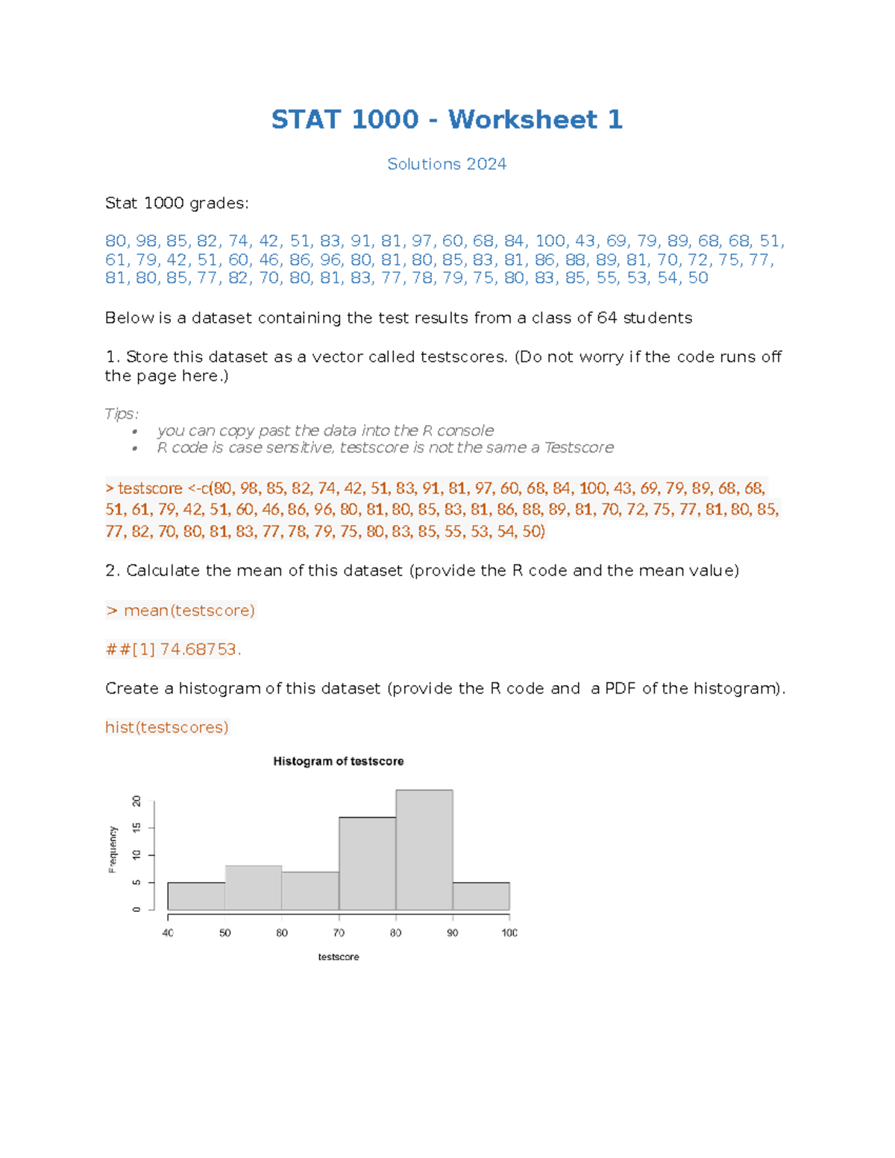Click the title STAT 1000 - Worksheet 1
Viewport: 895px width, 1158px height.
[x=447, y=119]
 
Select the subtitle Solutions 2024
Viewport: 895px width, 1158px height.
[x=447, y=164]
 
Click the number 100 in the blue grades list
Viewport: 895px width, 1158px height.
[x=550, y=241]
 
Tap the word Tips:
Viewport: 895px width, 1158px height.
[x=122, y=413]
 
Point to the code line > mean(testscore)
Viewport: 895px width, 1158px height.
[x=180, y=611]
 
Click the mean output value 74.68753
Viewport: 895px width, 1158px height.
[x=199, y=649]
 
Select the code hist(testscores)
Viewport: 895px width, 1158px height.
[x=167, y=727]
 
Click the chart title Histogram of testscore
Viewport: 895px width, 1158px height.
[x=338, y=761]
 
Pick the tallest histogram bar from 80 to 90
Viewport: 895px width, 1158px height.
[x=424, y=850]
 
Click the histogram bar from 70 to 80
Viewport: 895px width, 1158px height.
[x=367, y=863]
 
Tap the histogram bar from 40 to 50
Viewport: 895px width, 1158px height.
[x=196, y=896]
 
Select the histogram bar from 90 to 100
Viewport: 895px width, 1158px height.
[x=481, y=896]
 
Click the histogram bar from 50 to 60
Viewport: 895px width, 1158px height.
[x=254, y=888]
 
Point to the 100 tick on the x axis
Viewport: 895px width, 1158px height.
[x=509, y=933]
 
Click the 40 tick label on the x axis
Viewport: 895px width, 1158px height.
[x=168, y=933]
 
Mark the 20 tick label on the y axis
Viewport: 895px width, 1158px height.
[x=136, y=801]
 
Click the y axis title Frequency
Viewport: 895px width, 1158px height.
[x=113, y=849]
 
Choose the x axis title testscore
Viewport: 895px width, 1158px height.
[x=338, y=957]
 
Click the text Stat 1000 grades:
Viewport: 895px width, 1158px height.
[x=177, y=203]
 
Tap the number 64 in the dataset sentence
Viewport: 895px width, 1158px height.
[x=607, y=318]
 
